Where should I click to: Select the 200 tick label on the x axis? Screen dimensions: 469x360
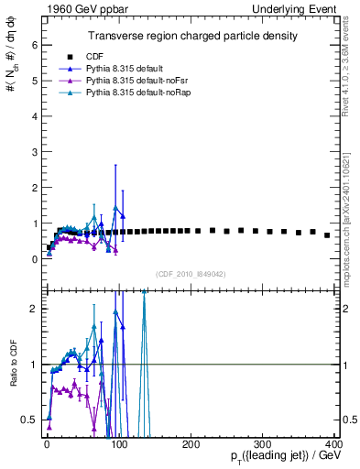tap(190, 443)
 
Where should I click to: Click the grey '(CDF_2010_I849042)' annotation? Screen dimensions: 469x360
tap(190, 273)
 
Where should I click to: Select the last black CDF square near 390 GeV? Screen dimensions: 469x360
tap(327, 235)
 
